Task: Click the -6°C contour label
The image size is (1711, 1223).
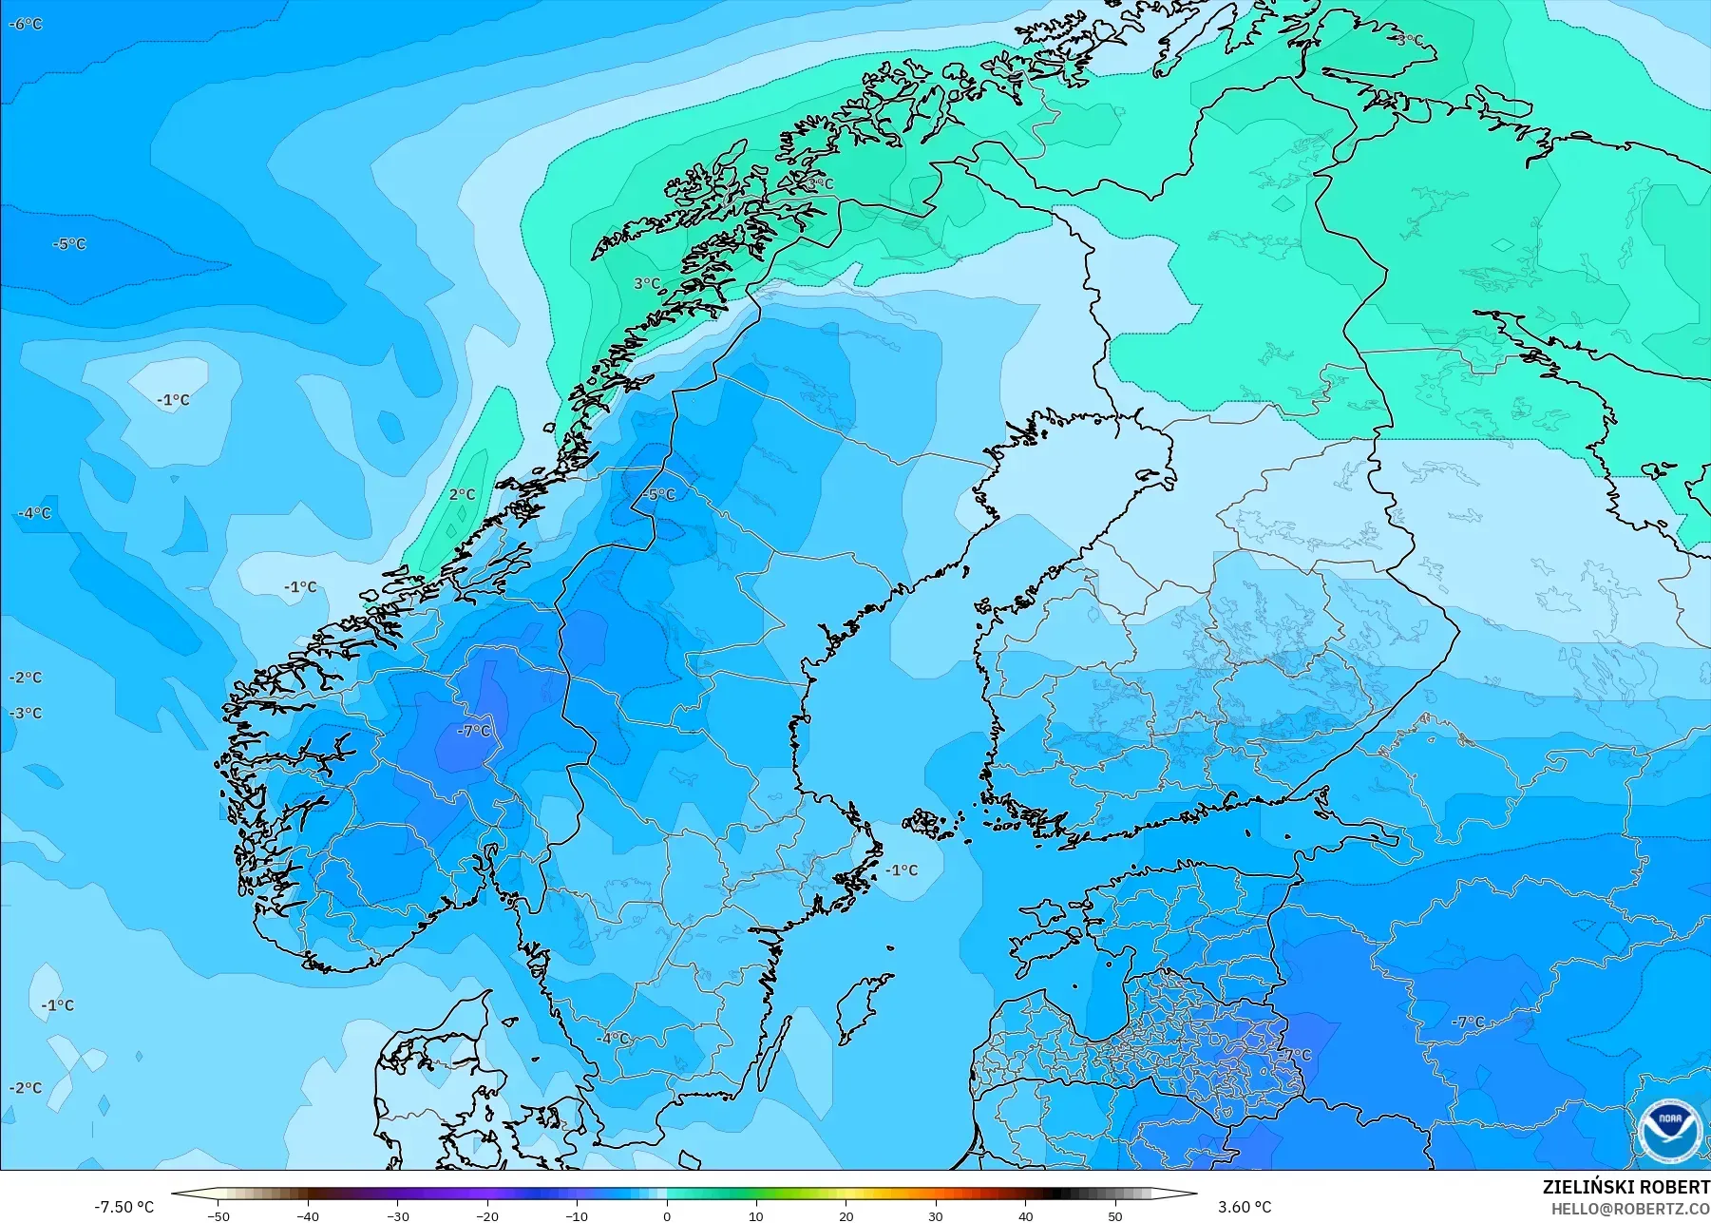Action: (x=26, y=24)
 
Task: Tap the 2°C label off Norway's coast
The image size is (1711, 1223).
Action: (x=462, y=494)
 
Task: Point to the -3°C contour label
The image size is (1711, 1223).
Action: (x=26, y=713)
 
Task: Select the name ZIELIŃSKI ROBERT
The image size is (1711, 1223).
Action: (x=1625, y=1187)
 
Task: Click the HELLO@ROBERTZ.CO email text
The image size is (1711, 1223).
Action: (x=1631, y=1209)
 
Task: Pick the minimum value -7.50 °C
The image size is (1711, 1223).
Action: (x=124, y=1207)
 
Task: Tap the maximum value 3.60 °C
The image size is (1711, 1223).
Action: (x=1245, y=1207)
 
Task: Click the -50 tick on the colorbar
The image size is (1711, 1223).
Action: (x=218, y=1215)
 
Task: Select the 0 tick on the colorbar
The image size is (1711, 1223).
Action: (x=667, y=1215)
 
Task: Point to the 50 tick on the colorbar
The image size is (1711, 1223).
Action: (x=1115, y=1215)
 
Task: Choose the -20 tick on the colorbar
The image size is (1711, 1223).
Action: (x=487, y=1215)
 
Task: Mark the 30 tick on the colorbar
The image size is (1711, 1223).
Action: (x=936, y=1215)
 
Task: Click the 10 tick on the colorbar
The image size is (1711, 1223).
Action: (x=756, y=1215)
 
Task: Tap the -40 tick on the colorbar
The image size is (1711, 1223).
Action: (x=308, y=1215)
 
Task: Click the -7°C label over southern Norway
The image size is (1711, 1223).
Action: (x=474, y=731)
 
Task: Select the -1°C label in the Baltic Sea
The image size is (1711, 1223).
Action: (x=902, y=869)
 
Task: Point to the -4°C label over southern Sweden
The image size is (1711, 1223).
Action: (x=613, y=1038)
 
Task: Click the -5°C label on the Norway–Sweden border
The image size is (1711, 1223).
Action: (x=658, y=494)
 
